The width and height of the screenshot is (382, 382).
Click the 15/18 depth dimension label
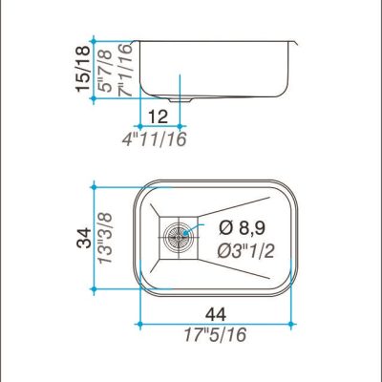coord(83,69)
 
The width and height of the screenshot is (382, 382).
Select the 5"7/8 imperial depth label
coord(105,71)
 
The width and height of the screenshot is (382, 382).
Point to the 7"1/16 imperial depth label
coord(124,71)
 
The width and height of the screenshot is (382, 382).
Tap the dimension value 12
coord(158,117)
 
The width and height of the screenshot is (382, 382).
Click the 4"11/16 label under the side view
coord(154,139)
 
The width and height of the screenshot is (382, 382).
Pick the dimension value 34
coord(84,237)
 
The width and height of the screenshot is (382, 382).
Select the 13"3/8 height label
coord(105,238)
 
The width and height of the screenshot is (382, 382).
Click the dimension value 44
coord(216,314)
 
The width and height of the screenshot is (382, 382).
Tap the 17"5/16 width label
coord(215,335)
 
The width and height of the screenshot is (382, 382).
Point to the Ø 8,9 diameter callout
coord(242,228)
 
